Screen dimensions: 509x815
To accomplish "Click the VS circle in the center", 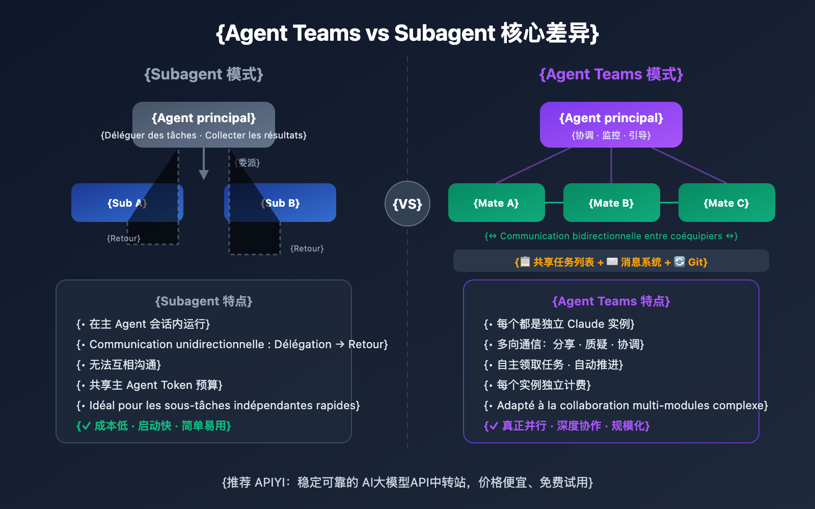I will pos(407,204).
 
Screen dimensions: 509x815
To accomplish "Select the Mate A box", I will pos(496,203).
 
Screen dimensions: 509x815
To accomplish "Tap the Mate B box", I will pos(611,203).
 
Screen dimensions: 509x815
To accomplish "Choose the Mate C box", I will pos(726,203).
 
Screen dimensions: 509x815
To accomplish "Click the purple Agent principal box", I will pos(611,124).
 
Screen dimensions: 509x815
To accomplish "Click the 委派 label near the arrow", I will pos(248,163).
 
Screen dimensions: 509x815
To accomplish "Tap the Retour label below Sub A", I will pos(123,238).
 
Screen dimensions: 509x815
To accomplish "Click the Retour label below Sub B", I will pos(307,248).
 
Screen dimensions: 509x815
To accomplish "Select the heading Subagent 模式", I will pos(204,74).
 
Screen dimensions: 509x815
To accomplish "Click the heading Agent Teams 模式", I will pos(611,74).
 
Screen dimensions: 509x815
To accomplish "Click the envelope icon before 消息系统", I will pos(612,262).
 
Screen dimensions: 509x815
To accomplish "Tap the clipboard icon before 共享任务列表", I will pos(525,262).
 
